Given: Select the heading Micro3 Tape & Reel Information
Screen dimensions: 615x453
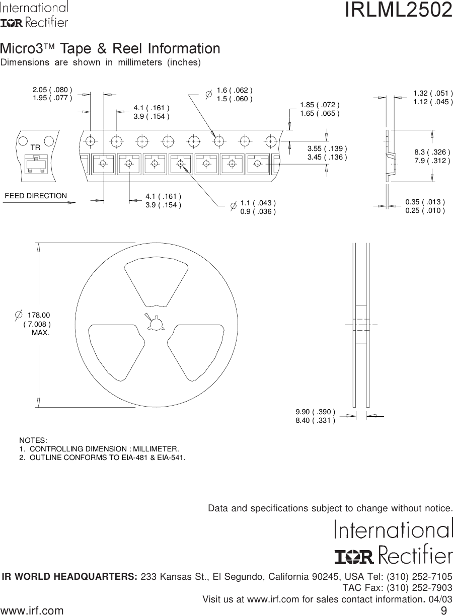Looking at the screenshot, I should click(110, 49).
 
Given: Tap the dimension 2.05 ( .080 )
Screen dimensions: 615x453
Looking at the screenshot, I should click(52, 90).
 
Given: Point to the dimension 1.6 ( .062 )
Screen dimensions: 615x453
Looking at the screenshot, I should click(234, 90).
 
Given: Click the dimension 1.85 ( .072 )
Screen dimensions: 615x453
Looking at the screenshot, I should click(320, 105).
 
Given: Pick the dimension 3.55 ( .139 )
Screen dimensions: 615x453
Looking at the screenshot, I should click(327, 148).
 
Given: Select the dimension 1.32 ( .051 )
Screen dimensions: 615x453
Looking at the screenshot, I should click(433, 93).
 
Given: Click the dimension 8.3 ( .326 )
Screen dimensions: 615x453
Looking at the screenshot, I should click(432, 151).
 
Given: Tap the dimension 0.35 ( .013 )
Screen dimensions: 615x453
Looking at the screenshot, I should click(425, 202).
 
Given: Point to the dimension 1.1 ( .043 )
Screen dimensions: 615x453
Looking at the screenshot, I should click(258, 203).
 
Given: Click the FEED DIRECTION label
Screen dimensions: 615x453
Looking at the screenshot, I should click(36, 196).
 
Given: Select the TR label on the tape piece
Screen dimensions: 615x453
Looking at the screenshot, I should click(35, 147).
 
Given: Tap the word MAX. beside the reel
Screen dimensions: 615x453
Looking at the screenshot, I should click(41, 333).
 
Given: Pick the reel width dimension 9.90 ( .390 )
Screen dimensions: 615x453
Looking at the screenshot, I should click(315, 412).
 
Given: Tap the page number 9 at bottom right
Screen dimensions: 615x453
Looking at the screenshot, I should click(443, 610).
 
